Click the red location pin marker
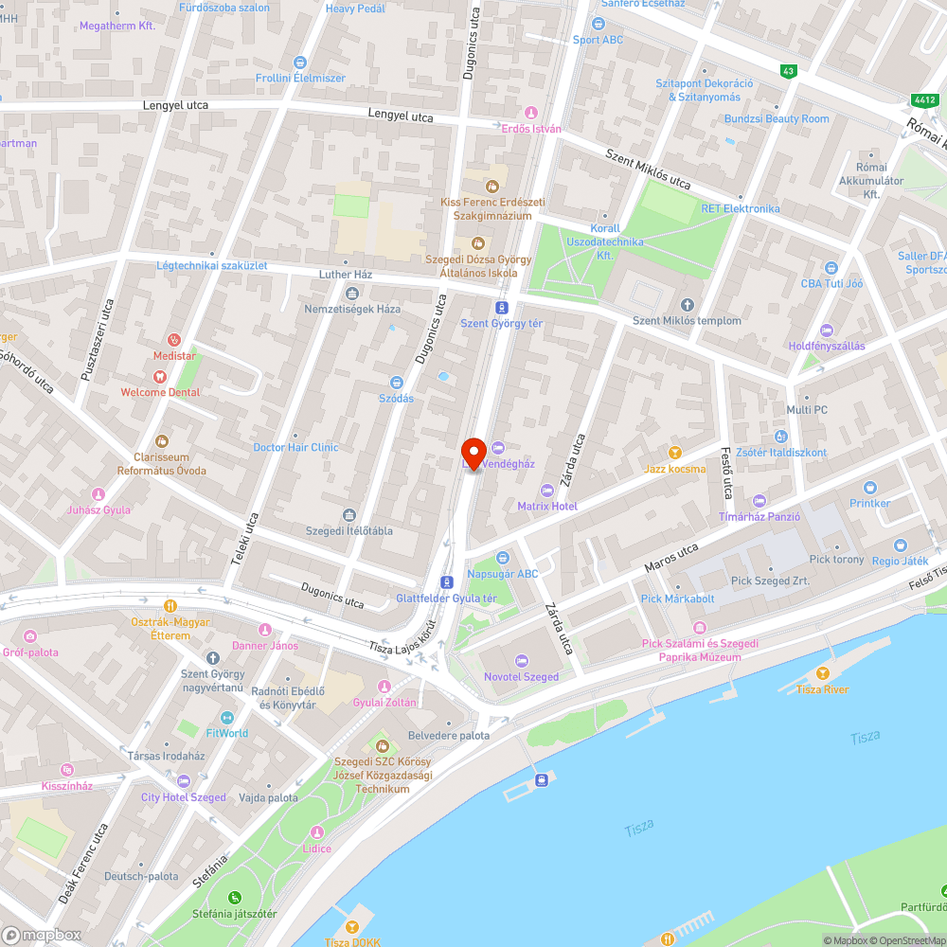click(473, 453)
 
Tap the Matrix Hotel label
click(547, 507)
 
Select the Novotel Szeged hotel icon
click(521, 661)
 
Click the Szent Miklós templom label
click(687, 320)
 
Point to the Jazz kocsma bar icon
click(675, 453)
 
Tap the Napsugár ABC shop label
click(502, 574)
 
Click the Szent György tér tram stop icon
click(501, 307)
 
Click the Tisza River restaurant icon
click(822, 672)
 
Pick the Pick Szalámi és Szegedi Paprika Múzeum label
click(700, 650)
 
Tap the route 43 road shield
click(788, 71)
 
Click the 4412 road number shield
click(923, 99)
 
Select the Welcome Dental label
click(160, 392)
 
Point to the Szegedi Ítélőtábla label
click(348, 530)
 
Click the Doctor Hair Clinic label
click(295, 447)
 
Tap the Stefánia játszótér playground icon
click(234, 898)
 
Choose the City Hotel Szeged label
click(184, 797)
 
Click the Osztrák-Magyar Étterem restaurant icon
click(170, 605)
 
